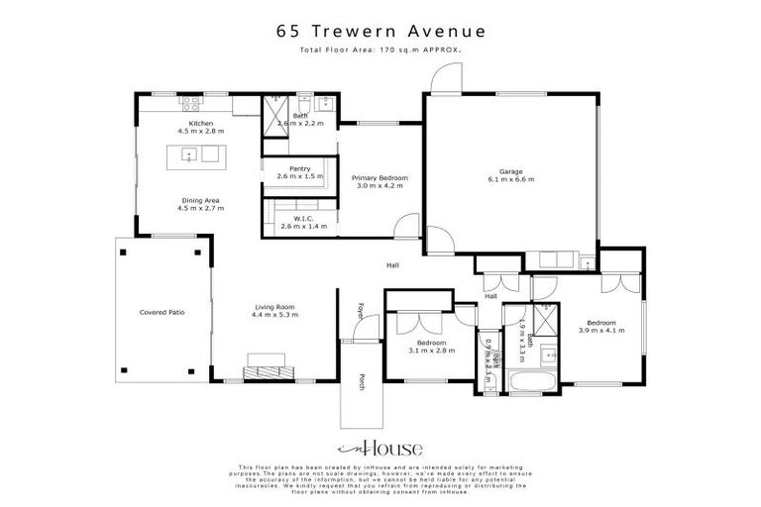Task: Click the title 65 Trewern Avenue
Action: coord(380,31)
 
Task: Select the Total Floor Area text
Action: coord(380,48)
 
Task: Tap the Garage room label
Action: coord(510,170)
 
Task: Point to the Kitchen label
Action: coord(201,123)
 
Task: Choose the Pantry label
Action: coord(300,168)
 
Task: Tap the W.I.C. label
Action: coord(303,219)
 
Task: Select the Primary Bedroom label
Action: coord(380,177)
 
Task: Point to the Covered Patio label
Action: coord(162,312)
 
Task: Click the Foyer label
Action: coord(362,311)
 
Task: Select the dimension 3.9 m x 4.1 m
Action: coord(600,331)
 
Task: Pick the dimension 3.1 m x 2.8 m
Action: coord(431,351)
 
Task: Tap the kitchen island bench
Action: coord(200,154)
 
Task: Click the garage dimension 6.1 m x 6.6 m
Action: coord(510,179)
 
